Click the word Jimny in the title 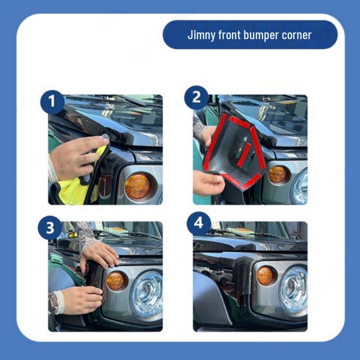(x=201, y=36)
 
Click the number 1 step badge (x=52, y=102)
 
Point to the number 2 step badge (x=196, y=98)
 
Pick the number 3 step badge (x=50, y=228)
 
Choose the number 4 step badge (x=199, y=223)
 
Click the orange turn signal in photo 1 (x=138, y=186)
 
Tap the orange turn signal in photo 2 (x=278, y=174)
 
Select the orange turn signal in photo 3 (x=116, y=281)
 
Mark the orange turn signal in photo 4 (x=265, y=276)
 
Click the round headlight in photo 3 (x=147, y=294)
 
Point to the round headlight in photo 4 (x=293, y=290)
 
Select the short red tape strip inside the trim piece (x=244, y=155)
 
